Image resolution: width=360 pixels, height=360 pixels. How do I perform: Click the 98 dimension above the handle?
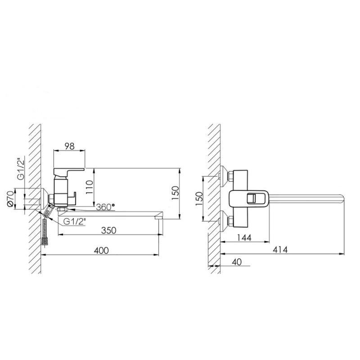click(69, 146)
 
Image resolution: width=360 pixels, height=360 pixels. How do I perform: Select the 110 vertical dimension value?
click(90, 187)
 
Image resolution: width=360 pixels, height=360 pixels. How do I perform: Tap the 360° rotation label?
click(105, 207)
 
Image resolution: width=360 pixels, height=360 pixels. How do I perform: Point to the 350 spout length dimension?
click(108, 230)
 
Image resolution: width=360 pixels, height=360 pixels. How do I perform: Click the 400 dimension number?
click(101, 250)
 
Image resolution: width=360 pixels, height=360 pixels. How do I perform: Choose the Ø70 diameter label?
click(11, 199)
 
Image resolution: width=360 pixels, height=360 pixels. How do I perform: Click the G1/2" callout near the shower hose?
click(75, 221)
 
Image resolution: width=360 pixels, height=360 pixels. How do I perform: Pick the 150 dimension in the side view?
click(175, 193)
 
